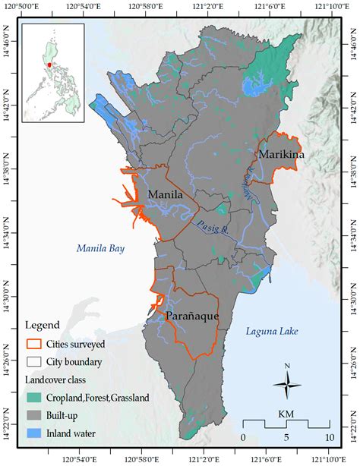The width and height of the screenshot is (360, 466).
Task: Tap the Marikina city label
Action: (x=282, y=155)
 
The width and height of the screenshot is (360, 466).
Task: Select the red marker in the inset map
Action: (x=49, y=65)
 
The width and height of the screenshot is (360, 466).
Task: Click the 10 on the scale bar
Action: (x=329, y=438)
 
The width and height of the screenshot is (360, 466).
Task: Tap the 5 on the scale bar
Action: (x=286, y=438)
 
